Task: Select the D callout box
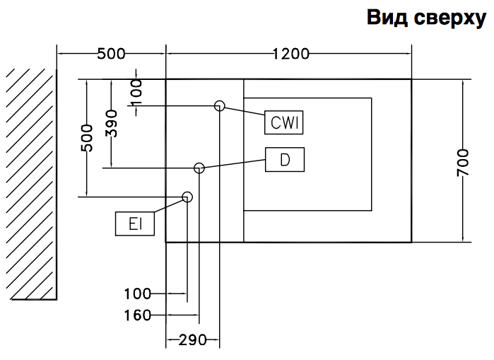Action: pos(285,159)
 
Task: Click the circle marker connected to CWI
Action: pos(220,106)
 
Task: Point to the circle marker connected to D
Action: pos(199,168)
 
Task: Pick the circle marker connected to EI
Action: pos(187,197)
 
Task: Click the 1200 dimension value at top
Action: pos(290,54)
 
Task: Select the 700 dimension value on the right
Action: pos(462,161)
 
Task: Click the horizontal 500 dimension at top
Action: pos(111,54)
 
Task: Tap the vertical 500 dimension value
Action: pos(87,138)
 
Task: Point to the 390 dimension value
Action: pos(111,124)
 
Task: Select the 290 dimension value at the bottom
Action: pos(192,340)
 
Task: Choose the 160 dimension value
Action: pos(138,315)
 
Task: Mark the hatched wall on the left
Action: pos(32,184)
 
